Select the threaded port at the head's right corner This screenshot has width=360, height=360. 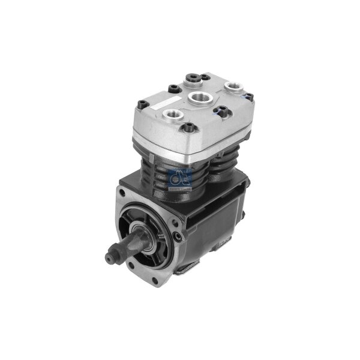pyautogui.click(x=232, y=88)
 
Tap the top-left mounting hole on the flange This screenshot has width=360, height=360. pyautogui.click(x=124, y=194)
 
